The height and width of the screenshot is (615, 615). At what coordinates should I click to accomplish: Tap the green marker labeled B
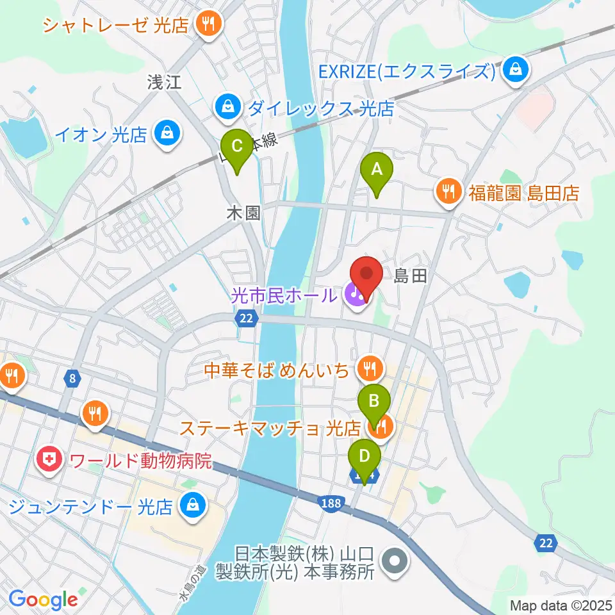(x=374, y=403)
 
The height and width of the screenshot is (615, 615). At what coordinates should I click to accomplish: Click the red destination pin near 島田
(x=367, y=274)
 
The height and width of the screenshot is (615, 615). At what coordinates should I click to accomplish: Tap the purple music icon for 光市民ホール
(x=354, y=295)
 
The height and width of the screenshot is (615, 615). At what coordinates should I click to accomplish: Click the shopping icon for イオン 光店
(x=167, y=134)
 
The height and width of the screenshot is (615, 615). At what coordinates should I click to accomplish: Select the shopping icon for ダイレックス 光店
(x=227, y=108)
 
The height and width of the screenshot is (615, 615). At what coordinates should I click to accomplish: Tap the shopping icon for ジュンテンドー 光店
(x=191, y=506)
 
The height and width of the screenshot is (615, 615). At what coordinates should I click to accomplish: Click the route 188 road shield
(x=331, y=503)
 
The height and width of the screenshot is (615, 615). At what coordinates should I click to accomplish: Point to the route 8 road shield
(x=73, y=379)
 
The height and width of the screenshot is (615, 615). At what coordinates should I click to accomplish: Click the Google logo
(x=43, y=599)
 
